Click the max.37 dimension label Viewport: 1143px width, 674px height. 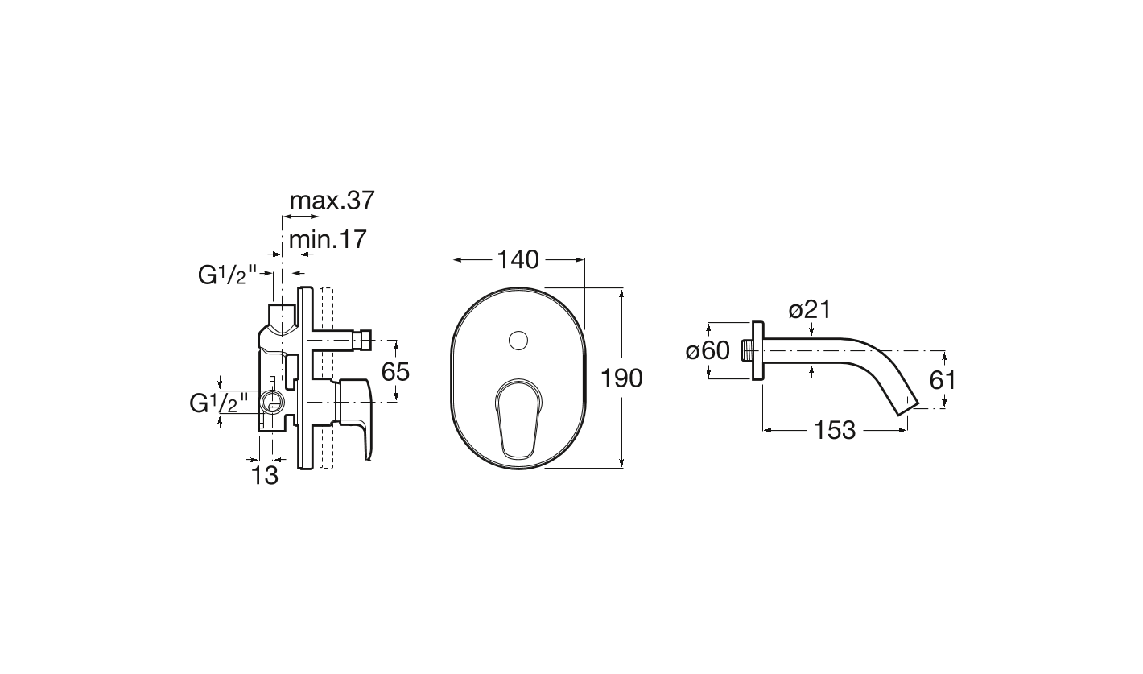332,201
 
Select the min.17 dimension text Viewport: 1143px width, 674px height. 328,239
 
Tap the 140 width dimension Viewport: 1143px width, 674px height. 518,260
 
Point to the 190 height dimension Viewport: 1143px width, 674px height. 621,378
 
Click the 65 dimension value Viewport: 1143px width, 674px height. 395,372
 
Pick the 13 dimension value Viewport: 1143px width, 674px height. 266,475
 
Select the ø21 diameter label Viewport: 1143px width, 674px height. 810,309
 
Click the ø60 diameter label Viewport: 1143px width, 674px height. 708,351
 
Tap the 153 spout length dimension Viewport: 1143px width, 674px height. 834,430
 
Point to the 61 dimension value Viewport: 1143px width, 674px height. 942,380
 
